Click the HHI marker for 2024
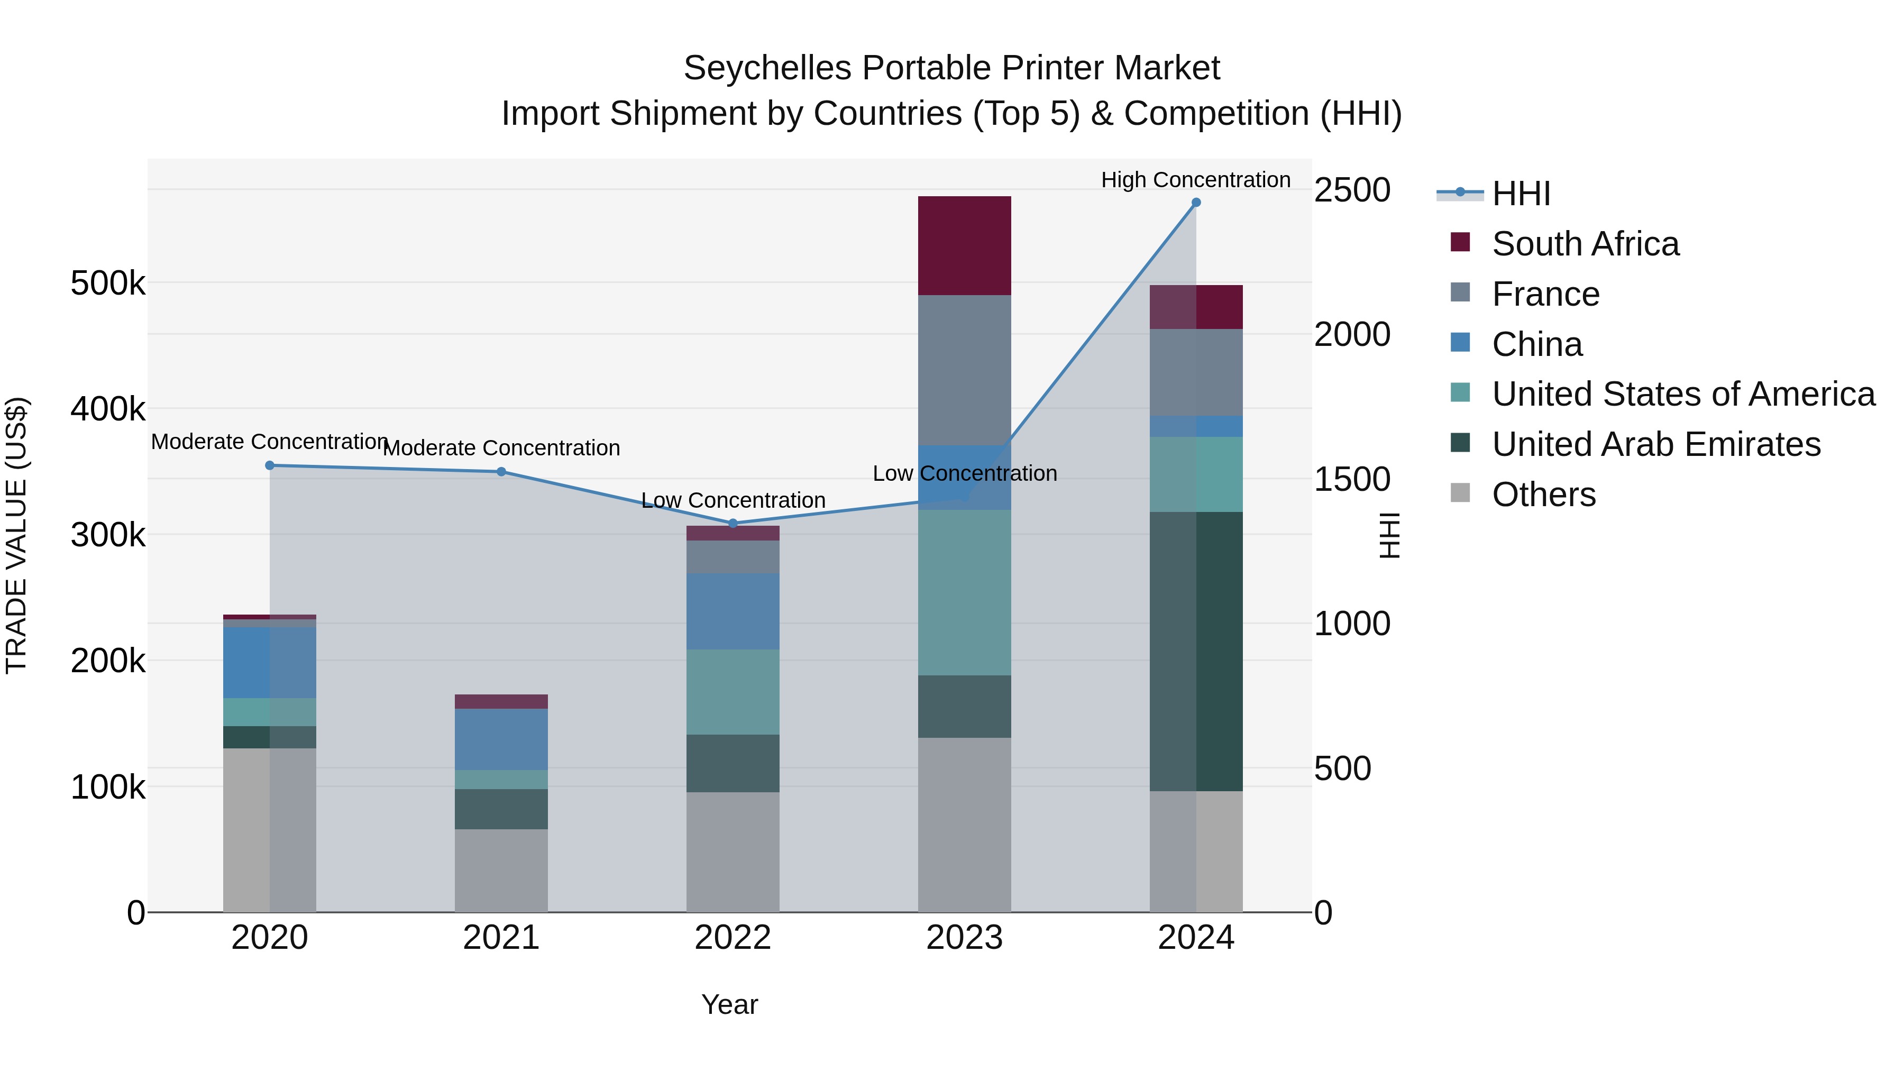[1195, 203]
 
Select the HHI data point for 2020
[270, 465]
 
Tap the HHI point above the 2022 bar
[733, 523]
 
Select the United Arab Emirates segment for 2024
[1195, 651]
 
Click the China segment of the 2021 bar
[501, 739]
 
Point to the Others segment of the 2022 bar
[733, 852]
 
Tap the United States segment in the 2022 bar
[733, 692]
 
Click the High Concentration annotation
[1195, 180]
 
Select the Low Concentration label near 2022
[733, 500]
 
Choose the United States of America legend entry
[1683, 394]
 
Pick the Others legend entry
[1543, 495]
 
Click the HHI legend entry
[1521, 194]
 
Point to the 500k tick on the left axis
[108, 283]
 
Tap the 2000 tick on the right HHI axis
[1352, 334]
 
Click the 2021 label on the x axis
[501, 938]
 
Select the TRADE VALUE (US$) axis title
[16, 535]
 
